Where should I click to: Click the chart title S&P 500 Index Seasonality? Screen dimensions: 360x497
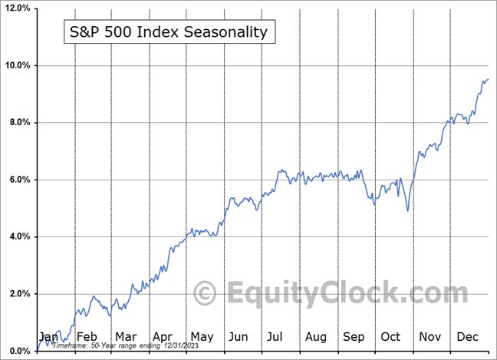[x=164, y=32]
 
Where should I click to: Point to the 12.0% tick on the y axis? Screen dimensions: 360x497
[x=16, y=8]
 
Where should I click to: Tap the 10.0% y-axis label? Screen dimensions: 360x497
[x=16, y=65]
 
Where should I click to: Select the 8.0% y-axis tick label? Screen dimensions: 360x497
[x=18, y=123]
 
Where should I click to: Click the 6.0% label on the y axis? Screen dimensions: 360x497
[x=18, y=180]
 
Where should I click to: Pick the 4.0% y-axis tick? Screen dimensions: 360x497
[x=18, y=237]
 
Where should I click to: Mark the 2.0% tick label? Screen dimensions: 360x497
[x=18, y=294]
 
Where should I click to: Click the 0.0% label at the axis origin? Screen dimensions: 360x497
[x=18, y=352]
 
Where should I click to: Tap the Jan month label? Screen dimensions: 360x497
[x=48, y=336]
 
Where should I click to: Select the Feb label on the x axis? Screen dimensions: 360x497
[x=87, y=336]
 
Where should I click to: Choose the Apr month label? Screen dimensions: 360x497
[x=163, y=336]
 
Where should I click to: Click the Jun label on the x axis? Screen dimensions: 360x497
[x=239, y=336]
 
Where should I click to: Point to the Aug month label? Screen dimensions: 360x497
[x=316, y=336]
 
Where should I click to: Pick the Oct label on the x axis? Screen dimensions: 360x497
[x=391, y=336]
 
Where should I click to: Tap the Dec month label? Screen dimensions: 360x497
[x=468, y=336]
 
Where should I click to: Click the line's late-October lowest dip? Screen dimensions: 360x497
[x=408, y=210]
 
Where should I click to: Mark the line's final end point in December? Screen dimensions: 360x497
[x=488, y=79]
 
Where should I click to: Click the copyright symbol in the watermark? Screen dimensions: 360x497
[x=204, y=293]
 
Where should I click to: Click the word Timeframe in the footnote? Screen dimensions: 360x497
[x=68, y=347]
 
